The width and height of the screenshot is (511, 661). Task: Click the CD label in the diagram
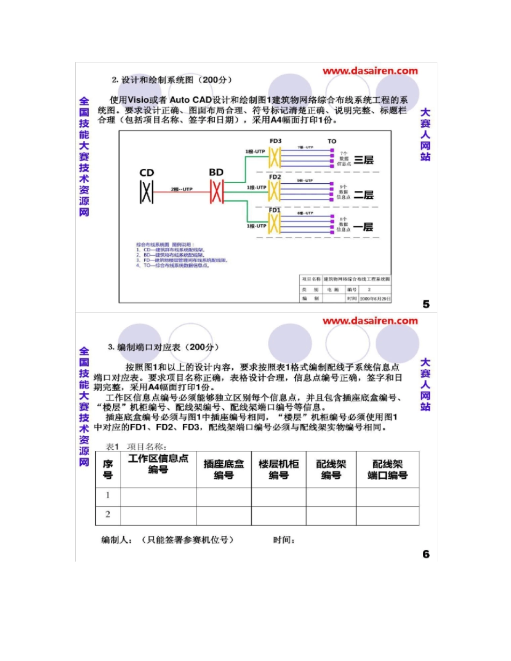click(147, 173)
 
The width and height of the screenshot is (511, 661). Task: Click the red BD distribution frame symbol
click(216, 192)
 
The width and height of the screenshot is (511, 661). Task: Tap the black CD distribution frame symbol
click(146, 192)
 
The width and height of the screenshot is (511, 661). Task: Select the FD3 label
click(275, 141)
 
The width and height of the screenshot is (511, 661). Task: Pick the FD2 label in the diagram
click(275, 177)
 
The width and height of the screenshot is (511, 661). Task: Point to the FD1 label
click(275, 210)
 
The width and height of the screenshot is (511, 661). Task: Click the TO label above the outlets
click(332, 141)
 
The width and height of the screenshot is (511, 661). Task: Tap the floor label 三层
click(363, 160)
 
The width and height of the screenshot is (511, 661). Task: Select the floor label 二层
click(363, 195)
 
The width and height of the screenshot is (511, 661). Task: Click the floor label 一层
click(363, 227)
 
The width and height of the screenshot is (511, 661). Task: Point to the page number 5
click(426, 304)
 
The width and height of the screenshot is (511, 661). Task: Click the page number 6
click(426, 554)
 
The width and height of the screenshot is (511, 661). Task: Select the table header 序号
click(108, 469)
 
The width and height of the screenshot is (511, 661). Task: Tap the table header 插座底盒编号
click(224, 469)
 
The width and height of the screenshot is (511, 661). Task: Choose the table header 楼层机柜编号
click(279, 469)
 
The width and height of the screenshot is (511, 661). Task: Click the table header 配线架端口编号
click(387, 469)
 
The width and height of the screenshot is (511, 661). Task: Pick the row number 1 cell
click(108, 495)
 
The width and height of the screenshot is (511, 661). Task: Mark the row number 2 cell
click(108, 515)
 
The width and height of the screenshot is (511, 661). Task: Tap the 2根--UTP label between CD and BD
click(181, 190)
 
